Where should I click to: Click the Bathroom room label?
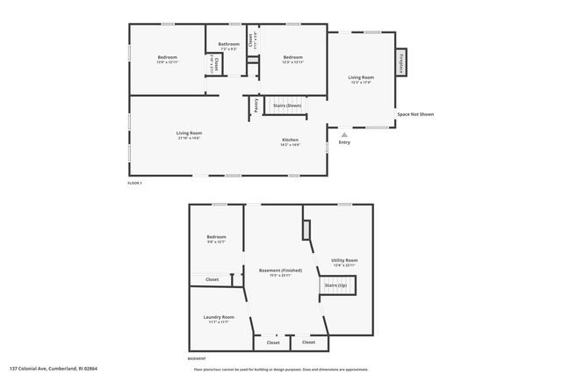(229, 43)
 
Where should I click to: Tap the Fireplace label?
(401, 63)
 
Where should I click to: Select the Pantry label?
(256, 105)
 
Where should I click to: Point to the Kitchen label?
(290, 140)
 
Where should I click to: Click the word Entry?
(344, 142)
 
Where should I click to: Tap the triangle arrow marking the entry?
(343, 134)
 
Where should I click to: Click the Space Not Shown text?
(415, 114)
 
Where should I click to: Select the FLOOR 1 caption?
(134, 183)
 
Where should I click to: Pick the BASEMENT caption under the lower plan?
(198, 358)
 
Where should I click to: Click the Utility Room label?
(344, 260)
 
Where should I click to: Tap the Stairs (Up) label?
(335, 285)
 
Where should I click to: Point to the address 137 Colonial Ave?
(54, 369)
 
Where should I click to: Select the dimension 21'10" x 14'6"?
(189, 138)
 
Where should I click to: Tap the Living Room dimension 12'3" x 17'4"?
(362, 83)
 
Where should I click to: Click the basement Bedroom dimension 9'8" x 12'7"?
(216, 242)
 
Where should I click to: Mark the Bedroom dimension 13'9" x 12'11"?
(168, 62)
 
